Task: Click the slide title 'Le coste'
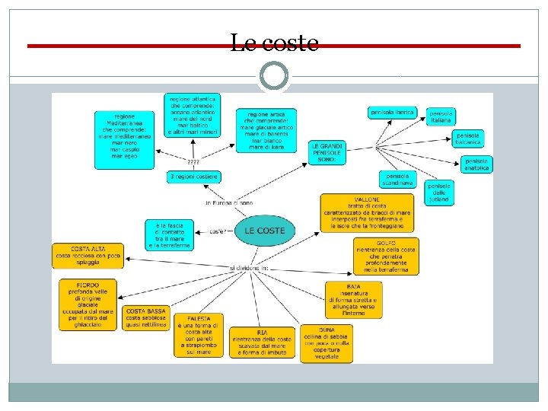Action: [274, 44]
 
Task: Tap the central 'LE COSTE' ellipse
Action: [265, 231]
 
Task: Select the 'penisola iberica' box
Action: [392, 113]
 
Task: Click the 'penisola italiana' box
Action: [441, 116]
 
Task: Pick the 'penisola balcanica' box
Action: [469, 139]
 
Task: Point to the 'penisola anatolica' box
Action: [477, 164]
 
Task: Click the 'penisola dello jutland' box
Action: [439, 192]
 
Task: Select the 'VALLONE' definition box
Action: [367, 212]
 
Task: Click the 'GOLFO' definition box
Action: [386, 256]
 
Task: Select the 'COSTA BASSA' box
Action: [145, 317]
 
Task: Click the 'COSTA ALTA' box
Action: [88, 254]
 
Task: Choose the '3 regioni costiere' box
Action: [193, 177]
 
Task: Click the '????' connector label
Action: [193, 162]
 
